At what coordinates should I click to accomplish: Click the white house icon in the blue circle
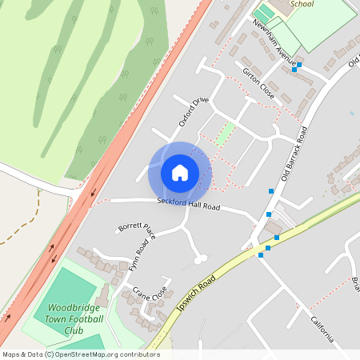(x=180, y=172)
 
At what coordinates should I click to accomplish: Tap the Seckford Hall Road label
(x=188, y=205)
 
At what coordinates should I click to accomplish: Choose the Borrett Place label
(x=136, y=230)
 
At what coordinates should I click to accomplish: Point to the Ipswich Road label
(x=196, y=298)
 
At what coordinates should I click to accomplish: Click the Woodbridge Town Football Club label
(x=75, y=318)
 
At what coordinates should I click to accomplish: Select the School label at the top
(x=302, y=4)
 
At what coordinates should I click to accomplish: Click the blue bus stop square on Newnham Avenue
(x=295, y=70)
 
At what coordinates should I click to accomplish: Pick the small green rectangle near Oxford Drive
(x=226, y=133)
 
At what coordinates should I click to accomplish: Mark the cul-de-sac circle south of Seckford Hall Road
(x=200, y=258)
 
